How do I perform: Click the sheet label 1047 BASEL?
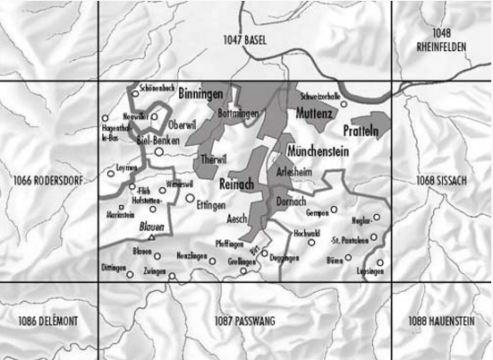pos(246,39)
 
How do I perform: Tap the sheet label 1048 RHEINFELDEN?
pos(441,39)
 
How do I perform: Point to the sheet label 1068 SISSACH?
pos(441,182)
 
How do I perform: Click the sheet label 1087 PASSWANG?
pos(245,320)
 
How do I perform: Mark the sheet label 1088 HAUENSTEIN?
pos(441,320)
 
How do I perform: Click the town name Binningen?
pos(200,93)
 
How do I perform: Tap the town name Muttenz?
pos(313,115)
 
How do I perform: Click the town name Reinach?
pos(236,183)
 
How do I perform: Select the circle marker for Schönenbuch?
pos(136,92)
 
